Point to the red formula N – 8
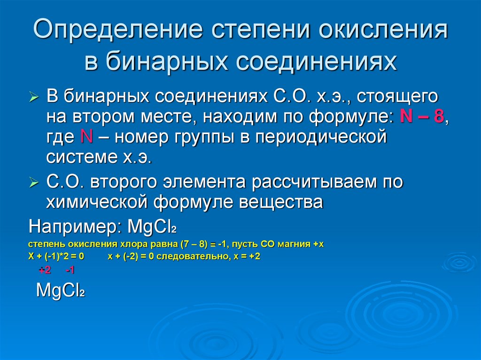(421, 117)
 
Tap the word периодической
(319, 138)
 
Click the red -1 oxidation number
(70, 270)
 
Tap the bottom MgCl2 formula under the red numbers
(60, 291)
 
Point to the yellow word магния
(294, 245)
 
